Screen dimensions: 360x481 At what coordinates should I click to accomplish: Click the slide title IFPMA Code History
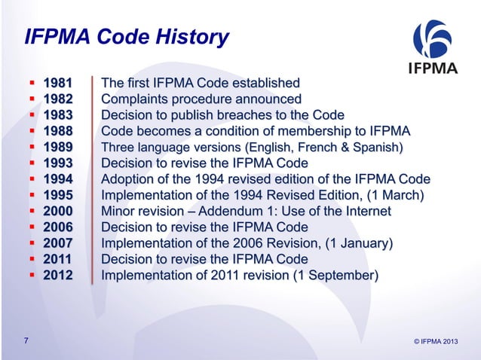click(127, 36)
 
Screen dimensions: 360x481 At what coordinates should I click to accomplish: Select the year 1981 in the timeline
click(58, 83)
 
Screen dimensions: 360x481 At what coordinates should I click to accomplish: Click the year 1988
click(58, 130)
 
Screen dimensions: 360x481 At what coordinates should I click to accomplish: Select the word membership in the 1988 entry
click(320, 130)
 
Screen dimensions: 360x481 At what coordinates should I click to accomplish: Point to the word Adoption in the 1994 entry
click(128, 179)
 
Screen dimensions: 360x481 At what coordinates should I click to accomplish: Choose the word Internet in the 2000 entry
click(366, 212)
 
